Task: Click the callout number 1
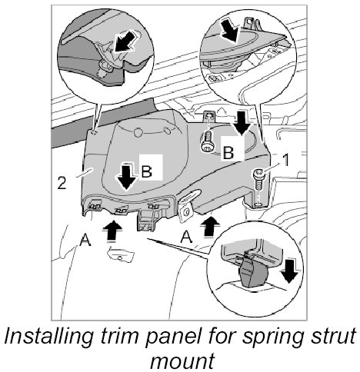click(x=285, y=160)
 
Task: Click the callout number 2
click(x=62, y=183)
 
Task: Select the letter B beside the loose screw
click(x=228, y=153)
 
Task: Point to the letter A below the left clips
click(x=85, y=240)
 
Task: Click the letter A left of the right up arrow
click(x=186, y=237)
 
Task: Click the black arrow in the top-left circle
click(x=125, y=42)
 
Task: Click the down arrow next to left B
click(x=126, y=177)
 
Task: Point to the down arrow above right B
click(x=242, y=123)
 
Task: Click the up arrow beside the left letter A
click(x=112, y=231)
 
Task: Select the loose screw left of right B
click(x=207, y=141)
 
